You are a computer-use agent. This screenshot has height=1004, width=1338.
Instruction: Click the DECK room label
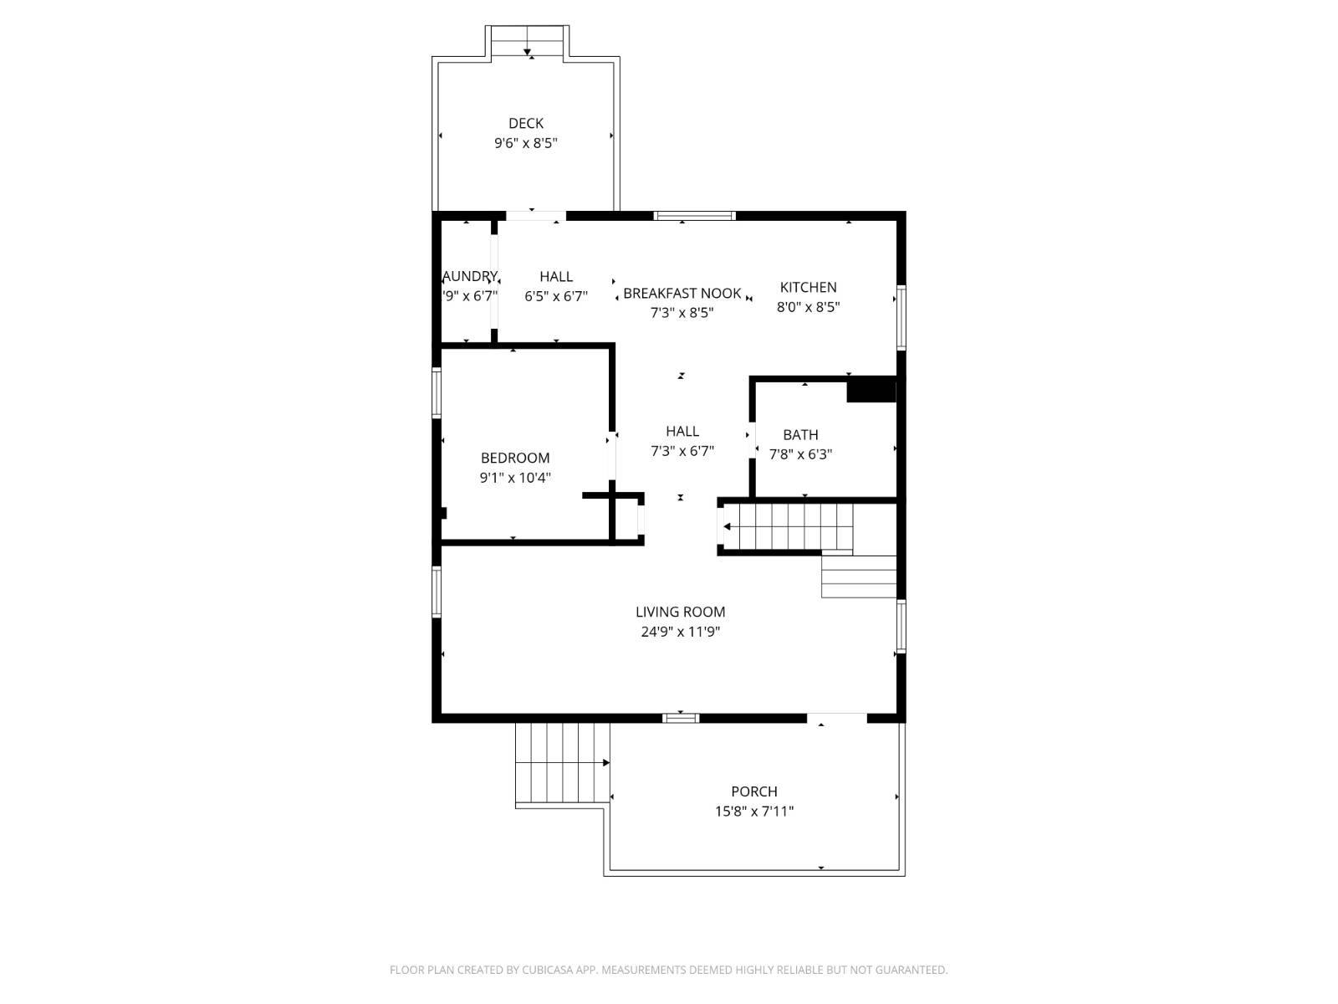(x=525, y=124)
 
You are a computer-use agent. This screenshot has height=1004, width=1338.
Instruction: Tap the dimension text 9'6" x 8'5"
(x=525, y=143)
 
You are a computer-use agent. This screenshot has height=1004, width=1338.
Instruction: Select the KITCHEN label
(x=808, y=287)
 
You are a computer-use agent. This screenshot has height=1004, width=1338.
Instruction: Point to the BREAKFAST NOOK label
(x=682, y=293)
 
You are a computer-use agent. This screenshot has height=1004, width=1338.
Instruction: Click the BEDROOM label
(x=515, y=458)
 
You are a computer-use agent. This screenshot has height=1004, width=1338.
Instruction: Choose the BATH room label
(x=800, y=434)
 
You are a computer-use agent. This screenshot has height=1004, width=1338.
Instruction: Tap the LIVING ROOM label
(x=680, y=612)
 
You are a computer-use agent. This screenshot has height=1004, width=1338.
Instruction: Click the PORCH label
(x=753, y=791)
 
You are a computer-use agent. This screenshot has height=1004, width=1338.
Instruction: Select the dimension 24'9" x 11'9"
(x=680, y=632)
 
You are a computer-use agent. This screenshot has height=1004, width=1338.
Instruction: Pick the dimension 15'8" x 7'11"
(x=753, y=811)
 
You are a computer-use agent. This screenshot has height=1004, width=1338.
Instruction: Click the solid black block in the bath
(x=871, y=391)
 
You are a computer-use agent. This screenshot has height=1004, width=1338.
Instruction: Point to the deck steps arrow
(x=528, y=52)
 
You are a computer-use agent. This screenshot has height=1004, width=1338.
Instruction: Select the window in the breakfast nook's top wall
(x=694, y=216)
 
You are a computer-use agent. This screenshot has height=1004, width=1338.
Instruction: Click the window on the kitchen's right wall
(x=901, y=317)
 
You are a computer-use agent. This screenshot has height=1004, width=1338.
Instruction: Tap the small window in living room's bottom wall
(x=680, y=717)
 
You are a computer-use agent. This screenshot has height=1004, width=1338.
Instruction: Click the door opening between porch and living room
(x=836, y=717)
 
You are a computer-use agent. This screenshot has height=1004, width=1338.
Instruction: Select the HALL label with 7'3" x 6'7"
(x=682, y=431)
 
